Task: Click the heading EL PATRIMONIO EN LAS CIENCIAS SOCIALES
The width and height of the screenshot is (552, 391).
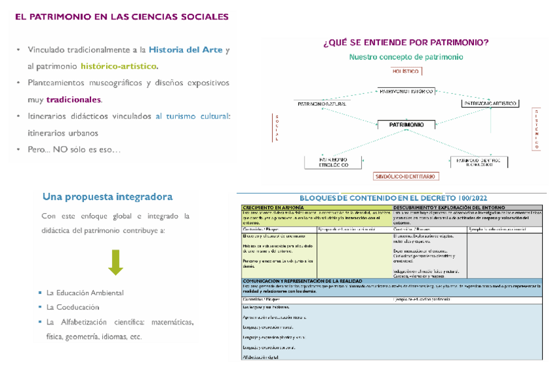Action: (122, 16)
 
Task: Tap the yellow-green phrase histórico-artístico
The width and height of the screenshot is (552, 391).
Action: (118, 66)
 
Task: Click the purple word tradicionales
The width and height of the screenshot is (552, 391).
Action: (74, 100)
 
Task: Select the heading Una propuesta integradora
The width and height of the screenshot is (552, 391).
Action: (107, 196)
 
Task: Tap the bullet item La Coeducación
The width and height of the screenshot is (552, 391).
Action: (72, 306)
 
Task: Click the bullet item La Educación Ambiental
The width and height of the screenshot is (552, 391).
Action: (85, 293)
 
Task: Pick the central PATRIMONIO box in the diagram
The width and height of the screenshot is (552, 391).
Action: (406, 124)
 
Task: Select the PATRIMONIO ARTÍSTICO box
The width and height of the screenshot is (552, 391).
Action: (490, 104)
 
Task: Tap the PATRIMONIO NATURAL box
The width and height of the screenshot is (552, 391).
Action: (322, 104)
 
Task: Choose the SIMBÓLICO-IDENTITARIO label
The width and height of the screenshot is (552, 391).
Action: (406, 176)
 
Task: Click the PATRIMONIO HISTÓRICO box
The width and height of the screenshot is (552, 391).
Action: (406, 91)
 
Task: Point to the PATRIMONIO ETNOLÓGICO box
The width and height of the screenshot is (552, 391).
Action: (333, 162)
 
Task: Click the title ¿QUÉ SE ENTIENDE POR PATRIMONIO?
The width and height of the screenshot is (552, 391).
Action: (406, 43)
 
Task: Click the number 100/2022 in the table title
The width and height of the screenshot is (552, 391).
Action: (470, 198)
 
